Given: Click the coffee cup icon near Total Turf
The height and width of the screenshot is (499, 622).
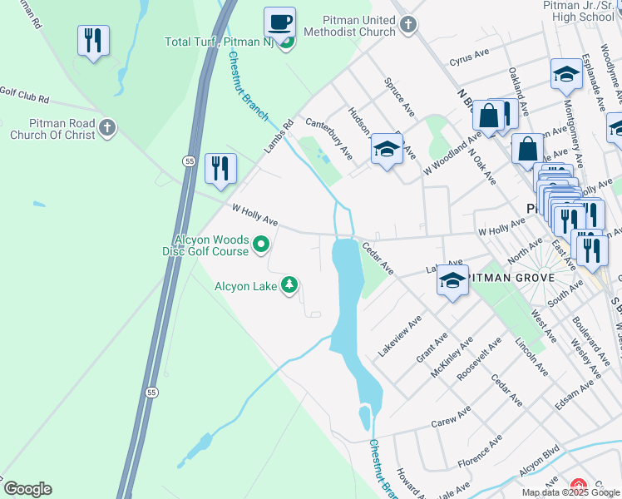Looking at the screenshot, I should [279, 22].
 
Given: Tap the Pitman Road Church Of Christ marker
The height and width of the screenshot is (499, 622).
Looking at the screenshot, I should [106, 127].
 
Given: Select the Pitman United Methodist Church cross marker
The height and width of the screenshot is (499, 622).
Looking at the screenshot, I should [407, 24].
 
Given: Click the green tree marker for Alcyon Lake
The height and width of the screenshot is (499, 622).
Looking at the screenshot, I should [289, 285].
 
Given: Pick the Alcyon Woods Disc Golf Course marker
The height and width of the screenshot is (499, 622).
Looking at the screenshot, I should [261, 245].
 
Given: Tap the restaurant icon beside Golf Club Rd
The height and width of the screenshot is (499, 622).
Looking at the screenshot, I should [93, 40].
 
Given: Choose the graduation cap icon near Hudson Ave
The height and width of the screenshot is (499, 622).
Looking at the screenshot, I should [386, 149].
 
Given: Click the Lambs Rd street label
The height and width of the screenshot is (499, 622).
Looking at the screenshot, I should [279, 136].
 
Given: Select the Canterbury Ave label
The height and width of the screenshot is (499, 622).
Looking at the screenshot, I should [329, 138].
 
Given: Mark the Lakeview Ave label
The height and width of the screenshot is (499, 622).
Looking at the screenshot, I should [400, 336].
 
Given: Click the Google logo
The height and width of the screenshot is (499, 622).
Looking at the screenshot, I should [27, 488].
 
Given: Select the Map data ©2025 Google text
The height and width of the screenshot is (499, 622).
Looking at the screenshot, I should [570, 492].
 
